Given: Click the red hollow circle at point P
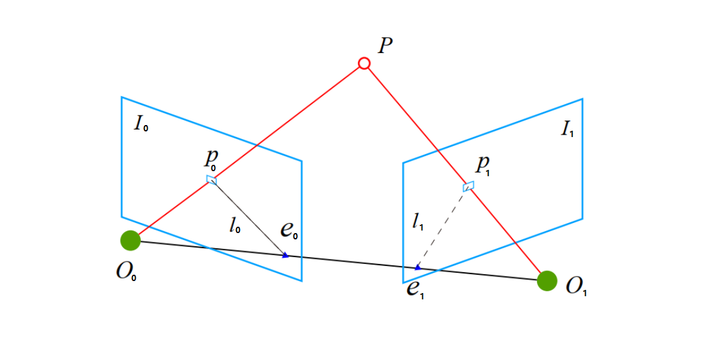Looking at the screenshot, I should coord(364,63).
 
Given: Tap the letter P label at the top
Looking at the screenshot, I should coord(386,46).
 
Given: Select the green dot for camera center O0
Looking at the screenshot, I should coord(130,240).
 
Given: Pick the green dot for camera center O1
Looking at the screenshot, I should coord(547,280).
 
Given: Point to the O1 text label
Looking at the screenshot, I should coord(576,287).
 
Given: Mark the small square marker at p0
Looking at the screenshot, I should coord(211,180).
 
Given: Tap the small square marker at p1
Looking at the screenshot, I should coord(468,186).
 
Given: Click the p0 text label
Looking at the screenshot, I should coord(210,160).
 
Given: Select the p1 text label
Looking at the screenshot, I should coord(483,165).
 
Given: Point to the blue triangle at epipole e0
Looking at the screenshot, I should coord(285,255).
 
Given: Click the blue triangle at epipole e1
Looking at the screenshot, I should coord(417,267).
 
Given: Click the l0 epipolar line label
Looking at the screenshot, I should coord(235,226).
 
